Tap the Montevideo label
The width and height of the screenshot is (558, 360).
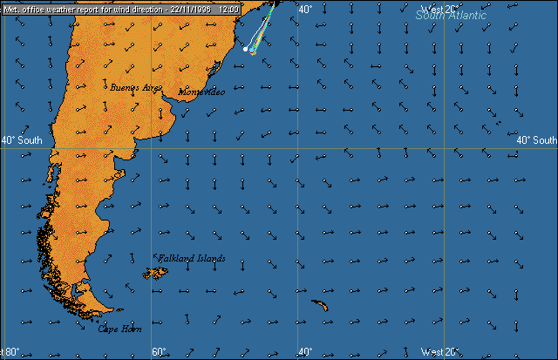[201, 92]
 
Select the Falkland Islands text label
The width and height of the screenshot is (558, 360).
[192, 259]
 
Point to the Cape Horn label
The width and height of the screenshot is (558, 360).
[118, 329]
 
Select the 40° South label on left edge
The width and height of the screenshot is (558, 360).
[21, 140]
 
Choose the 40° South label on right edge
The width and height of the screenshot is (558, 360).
[536, 140]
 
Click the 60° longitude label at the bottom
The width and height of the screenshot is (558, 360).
[160, 352]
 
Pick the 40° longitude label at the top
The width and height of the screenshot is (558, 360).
[305, 10]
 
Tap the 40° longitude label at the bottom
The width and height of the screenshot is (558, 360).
[304, 352]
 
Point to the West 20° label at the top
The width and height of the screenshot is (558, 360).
[439, 10]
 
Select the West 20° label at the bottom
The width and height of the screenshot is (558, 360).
[438, 352]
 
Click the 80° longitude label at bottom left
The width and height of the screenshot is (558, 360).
[11, 352]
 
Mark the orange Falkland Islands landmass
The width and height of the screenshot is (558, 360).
[157, 273]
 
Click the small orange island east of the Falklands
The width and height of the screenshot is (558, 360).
[320, 305]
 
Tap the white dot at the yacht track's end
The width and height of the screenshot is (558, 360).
[246, 50]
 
